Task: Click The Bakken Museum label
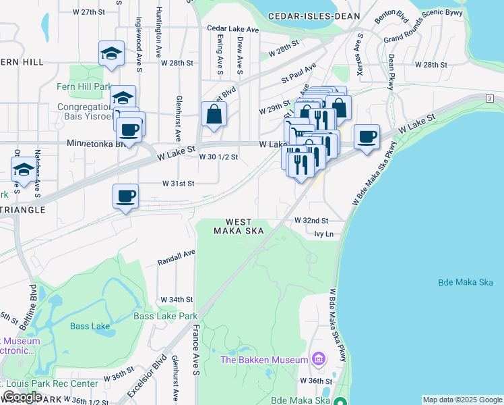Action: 265,360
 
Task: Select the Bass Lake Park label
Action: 165,316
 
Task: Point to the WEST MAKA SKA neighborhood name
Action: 239,226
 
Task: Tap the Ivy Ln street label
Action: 324,234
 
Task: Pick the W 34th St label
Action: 177,299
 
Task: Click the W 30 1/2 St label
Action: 219,157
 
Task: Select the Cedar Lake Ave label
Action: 233,29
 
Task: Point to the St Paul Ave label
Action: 298,74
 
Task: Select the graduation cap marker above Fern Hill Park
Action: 111,54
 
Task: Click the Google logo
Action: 22,397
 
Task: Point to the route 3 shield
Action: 488,99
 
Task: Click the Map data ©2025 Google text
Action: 462,400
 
